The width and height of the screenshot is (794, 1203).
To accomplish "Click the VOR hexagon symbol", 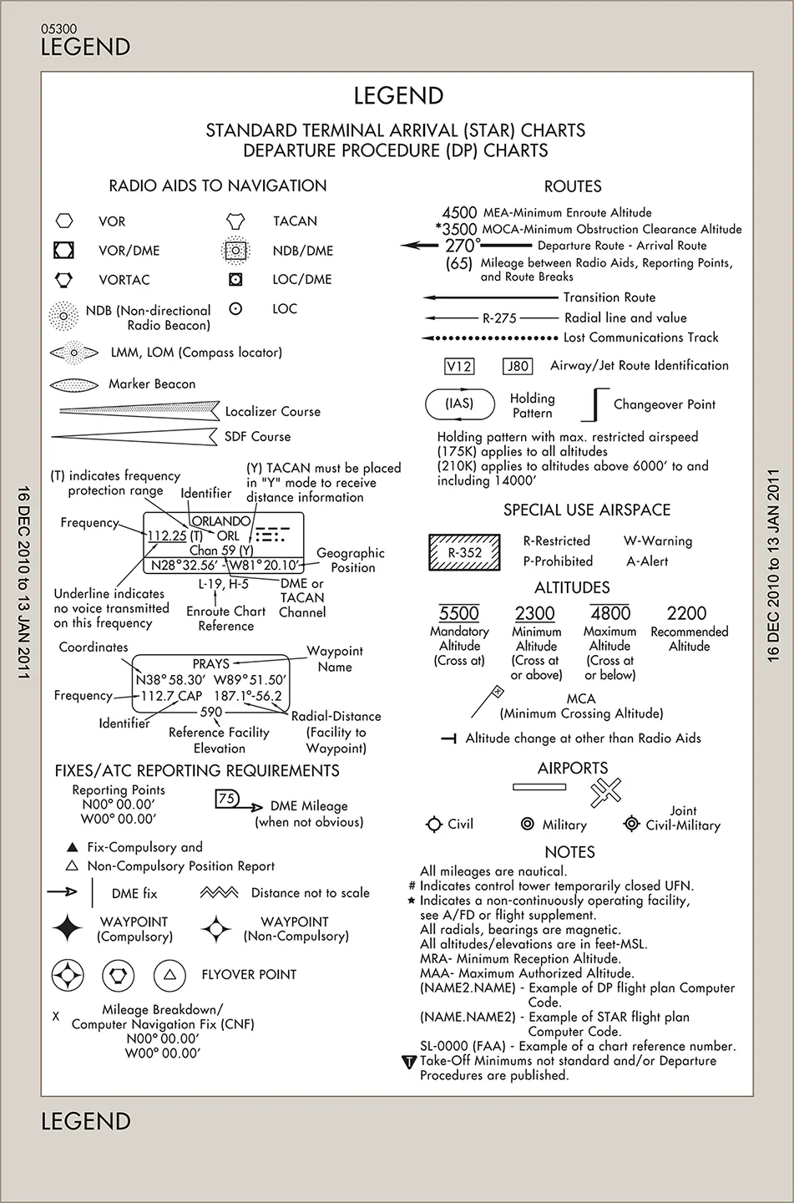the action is click(64, 221).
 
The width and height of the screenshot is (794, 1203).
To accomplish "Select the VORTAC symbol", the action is click(64, 280).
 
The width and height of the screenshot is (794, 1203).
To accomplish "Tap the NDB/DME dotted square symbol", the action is click(235, 251).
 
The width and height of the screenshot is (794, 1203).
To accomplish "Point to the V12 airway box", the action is click(459, 366).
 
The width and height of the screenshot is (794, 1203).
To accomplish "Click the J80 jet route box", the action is click(518, 366).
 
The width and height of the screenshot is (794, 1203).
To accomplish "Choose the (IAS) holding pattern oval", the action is click(460, 404).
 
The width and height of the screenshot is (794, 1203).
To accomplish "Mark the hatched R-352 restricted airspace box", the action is click(464, 552).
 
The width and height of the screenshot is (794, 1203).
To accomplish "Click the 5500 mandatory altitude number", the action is click(459, 613).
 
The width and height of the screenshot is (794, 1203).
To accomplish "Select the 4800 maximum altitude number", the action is click(610, 613).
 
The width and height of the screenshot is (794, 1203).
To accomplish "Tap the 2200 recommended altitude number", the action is click(686, 613).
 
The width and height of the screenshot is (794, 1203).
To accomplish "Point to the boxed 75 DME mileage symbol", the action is click(226, 799).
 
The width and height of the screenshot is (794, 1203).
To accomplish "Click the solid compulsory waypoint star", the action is click(67, 928).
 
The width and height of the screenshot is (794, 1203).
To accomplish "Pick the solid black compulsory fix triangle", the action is click(72, 847).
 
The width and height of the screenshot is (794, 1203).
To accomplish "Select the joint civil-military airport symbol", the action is click(632, 824).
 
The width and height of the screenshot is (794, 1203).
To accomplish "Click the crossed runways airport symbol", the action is click(605, 792).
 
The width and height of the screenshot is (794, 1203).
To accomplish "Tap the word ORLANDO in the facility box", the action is click(221, 521).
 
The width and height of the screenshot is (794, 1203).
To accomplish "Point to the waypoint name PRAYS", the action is click(211, 664).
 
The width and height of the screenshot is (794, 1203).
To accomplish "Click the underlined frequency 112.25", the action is click(167, 536).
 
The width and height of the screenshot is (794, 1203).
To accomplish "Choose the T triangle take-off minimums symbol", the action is click(409, 1062).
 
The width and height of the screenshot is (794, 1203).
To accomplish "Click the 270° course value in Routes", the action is click(463, 246).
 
